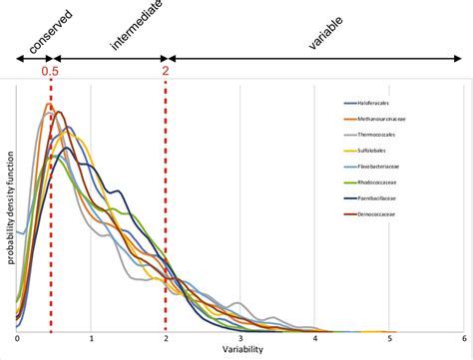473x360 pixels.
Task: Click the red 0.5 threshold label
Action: (x=49, y=72)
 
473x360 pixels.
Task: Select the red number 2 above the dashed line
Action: (x=166, y=72)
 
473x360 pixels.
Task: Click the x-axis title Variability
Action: (x=239, y=352)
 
